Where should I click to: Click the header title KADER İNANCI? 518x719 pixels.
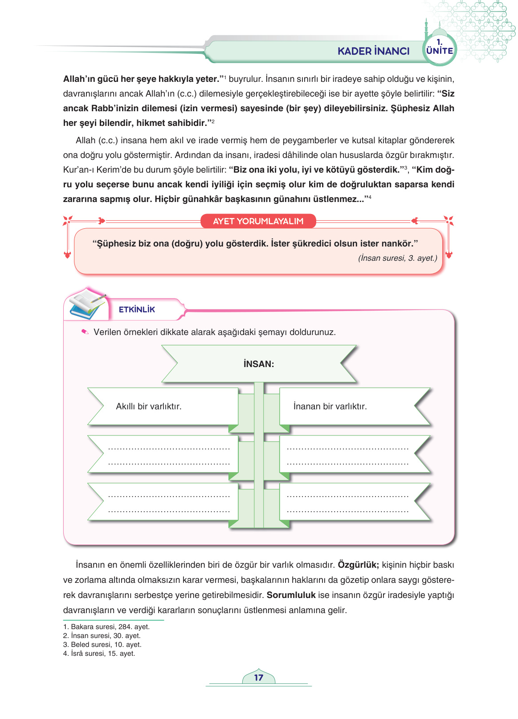point(373,51)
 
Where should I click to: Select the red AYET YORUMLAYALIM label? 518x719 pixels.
point(258,221)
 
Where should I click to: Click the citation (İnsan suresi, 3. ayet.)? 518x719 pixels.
point(397,258)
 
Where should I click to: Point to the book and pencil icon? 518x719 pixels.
point(87,304)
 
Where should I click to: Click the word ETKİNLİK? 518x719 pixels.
point(137,310)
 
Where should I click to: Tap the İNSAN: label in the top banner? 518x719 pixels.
point(259,364)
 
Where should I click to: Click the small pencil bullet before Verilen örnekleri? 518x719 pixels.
point(85,332)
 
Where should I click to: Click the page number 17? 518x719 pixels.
point(259,678)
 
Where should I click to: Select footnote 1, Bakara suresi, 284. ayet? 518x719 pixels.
point(106,626)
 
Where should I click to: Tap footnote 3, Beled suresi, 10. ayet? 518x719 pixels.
point(102,644)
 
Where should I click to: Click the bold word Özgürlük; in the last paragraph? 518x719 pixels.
point(358,565)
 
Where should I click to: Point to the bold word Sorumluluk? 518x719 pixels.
point(291,595)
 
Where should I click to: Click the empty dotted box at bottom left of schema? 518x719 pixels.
point(168,503)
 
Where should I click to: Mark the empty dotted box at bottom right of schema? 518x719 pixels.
point(347,503)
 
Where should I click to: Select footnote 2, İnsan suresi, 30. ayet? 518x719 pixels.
point(102,635)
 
